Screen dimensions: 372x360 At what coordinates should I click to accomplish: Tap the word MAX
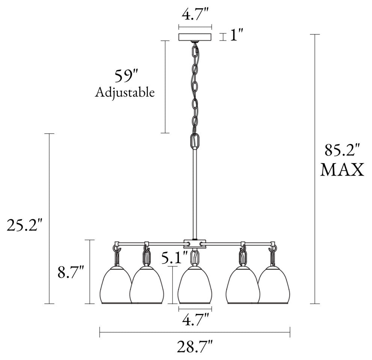coord(342,169)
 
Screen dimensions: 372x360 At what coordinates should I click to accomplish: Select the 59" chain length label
coord(126,76)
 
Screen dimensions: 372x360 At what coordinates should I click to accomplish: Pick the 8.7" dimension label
coord(71,272)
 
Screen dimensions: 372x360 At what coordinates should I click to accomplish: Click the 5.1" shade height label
coord(174,258)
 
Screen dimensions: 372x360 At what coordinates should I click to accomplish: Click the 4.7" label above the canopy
coord(195,15)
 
